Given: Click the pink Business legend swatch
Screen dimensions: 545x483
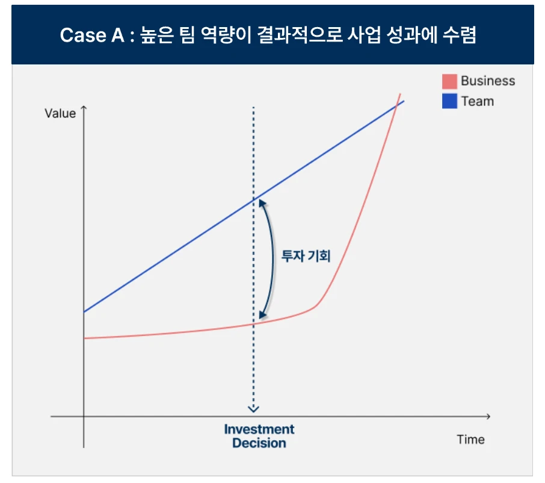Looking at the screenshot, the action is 449,81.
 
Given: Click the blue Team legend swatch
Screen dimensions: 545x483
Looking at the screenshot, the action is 449,101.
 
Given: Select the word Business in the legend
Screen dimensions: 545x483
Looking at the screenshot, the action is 488,81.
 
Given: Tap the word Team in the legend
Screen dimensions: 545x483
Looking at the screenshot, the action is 478,101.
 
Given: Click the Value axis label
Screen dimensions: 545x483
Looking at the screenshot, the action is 60,113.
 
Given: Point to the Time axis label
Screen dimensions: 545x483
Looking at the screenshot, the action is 470,439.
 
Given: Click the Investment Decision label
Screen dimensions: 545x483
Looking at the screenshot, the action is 259,436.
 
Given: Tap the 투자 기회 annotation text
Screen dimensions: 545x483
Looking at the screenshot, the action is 306,256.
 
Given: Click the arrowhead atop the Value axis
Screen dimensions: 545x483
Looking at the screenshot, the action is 84,108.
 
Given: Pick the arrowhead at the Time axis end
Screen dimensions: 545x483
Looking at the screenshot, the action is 488,416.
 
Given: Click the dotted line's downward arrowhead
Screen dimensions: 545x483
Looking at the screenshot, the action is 253,409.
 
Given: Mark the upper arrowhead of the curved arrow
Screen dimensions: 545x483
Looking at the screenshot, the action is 262,203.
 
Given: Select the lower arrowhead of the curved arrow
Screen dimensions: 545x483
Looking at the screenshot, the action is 263,315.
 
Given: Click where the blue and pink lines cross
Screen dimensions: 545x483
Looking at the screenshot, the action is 396,107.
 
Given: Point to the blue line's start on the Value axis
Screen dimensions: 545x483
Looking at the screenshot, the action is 84,312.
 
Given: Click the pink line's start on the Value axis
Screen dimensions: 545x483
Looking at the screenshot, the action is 84,338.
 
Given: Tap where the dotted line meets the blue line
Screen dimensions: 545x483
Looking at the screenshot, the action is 253,199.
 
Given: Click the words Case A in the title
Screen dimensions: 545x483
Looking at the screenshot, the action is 92,36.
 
